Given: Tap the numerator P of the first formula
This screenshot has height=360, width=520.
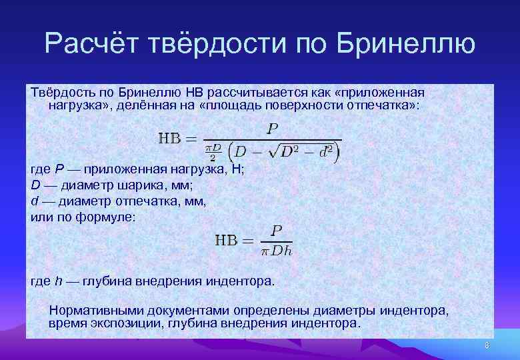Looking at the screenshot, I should tap(272, 129).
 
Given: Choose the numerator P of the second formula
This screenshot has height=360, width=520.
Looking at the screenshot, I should tap(276, 230).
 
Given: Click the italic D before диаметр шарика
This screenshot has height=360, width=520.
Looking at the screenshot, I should tap(35, 185).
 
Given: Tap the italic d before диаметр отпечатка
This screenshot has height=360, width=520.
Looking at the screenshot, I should tap(35, 201).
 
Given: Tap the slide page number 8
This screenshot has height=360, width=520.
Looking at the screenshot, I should tap(487, 345).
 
